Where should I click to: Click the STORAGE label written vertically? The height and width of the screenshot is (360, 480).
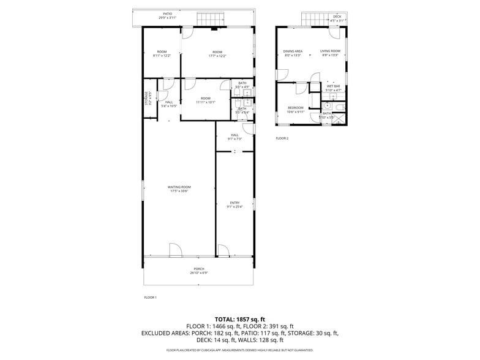click(x=146, y=98)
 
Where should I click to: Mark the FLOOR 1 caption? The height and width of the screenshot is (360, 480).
click(x=150, y=298)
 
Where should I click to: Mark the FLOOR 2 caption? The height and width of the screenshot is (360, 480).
click(x=282, y=138)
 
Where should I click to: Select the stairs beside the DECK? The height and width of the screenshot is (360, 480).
click(x=315, y=19)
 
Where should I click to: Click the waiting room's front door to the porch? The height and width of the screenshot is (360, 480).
click(x=175, y=250)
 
